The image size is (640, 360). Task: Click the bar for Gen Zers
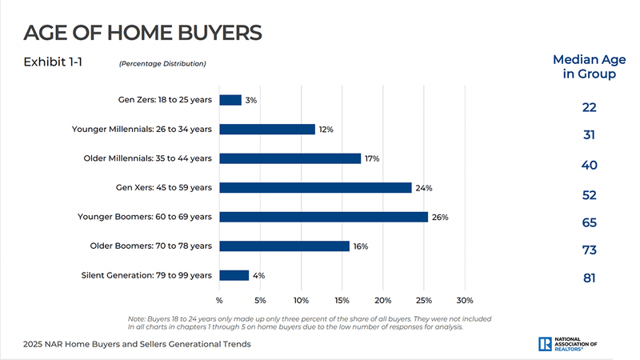point(230,100)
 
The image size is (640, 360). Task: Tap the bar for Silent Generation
point(234,275)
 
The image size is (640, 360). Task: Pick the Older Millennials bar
point(290,158)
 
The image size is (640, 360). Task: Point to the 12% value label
point(326,130)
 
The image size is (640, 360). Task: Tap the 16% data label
point(360,246)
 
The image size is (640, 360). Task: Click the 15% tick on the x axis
point(342,301)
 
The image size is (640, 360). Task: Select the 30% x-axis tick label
point(465,301)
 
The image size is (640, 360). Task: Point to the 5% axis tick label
point(260,301)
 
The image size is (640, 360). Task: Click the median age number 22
point(589,107)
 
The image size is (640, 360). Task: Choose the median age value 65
point(589,223)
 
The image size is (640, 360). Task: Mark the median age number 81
point(589,278)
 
